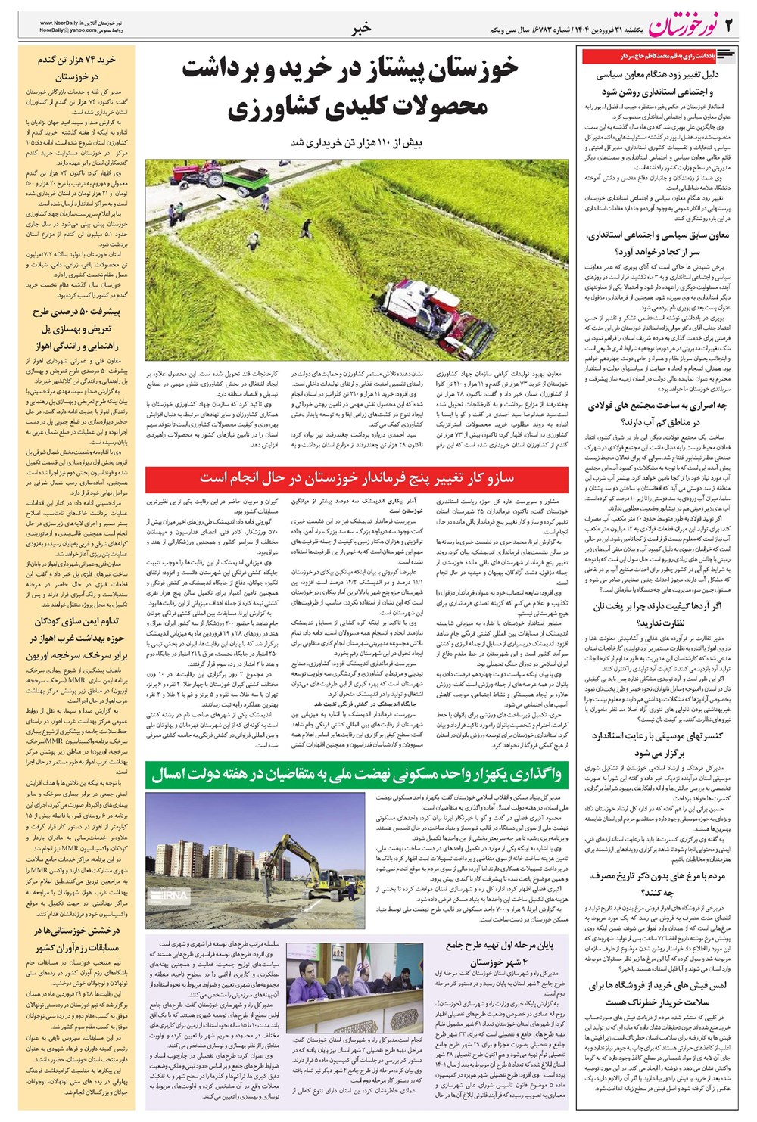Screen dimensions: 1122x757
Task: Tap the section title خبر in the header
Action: tap(362, 28)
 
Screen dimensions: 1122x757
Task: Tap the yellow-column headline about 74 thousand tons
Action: tap(77, 68)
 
